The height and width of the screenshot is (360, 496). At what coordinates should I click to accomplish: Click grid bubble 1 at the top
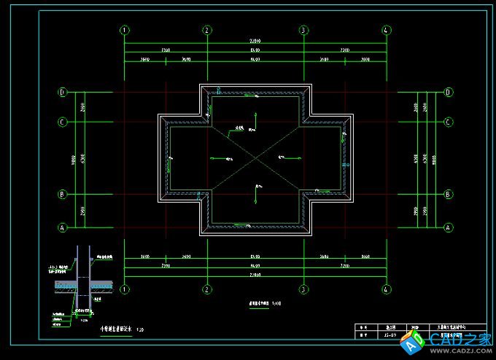pyautogui.click(x=125, y=31)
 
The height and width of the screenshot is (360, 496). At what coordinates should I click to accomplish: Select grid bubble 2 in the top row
pyautogui.click(x=208, y=31)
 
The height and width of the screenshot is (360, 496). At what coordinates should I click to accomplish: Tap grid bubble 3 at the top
pyautogui.click(x=303, y=31)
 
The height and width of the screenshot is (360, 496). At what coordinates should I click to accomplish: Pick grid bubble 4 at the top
pyautogui.click(x=386, y=31)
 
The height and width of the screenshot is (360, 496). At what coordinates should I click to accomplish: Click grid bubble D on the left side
pyautogui.click(x=63, y=93)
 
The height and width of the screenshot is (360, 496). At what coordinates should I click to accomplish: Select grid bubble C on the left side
pyautogui.click(x=63, y=122)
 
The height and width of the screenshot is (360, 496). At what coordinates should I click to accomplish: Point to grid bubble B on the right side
pyautogui.click(x=447, y=195)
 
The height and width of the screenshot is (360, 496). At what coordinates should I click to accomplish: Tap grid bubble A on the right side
pyautogui.click(x=447, y=227)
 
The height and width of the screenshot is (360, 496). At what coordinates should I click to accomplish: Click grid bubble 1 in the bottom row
pyautogui.click(x=125, y=289)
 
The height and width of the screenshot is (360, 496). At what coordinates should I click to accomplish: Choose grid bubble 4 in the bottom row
pyautogui.click(x=386, y=289)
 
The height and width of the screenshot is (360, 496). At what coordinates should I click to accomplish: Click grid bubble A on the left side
pyautogui.click(x=63, y=227)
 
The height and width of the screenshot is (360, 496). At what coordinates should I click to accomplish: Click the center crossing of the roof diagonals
pyautogui.click(x=255, y=158)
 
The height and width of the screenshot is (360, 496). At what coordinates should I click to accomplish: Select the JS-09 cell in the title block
pyautogui.click(x=390, y=336)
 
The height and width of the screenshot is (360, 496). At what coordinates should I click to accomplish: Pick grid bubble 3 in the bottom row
pyautogui.click(x=303, y=289)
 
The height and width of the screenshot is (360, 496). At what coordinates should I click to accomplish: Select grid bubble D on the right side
pyautogui.click(x=447, y=93)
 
